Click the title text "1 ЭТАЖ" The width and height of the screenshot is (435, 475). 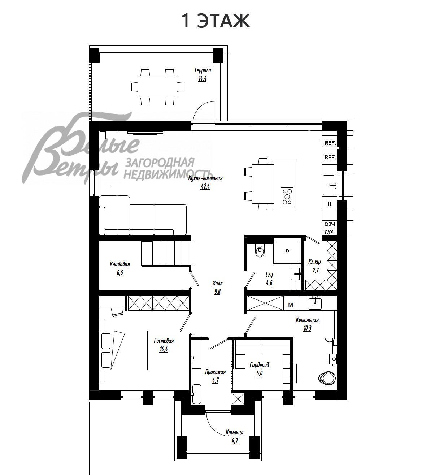(216, 21)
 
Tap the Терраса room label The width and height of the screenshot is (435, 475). (202, 70)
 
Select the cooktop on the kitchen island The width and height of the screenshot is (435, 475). (287, 197)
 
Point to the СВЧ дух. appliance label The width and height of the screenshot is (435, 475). (329, 228)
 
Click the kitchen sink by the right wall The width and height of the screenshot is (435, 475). (329, 185)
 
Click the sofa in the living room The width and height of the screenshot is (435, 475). (143, 216)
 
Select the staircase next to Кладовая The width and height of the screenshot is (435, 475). (168, 253)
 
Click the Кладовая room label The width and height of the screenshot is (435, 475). (120, 264)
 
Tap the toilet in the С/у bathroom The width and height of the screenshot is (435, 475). (260, 251)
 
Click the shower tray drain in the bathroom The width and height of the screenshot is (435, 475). (287, 250)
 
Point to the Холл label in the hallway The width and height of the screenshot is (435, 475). (217, 284)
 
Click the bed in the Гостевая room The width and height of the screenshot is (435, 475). (123, 350)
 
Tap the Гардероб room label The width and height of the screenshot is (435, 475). (259, 365)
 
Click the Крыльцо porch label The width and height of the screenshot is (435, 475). (234, 432)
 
